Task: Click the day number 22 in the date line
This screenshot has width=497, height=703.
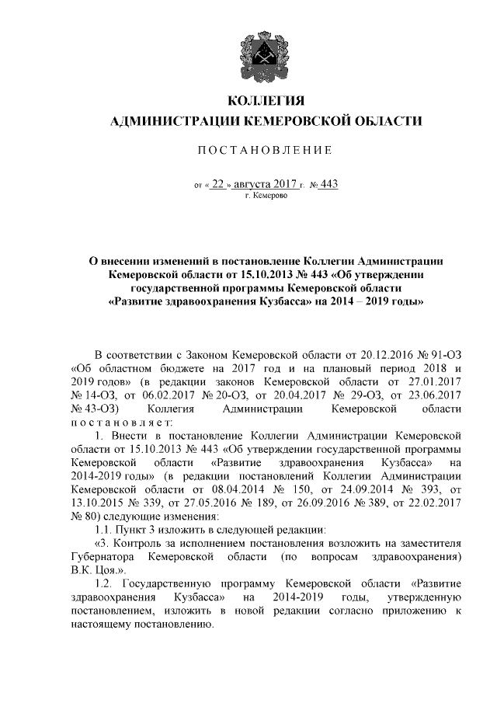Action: [218, 184]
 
